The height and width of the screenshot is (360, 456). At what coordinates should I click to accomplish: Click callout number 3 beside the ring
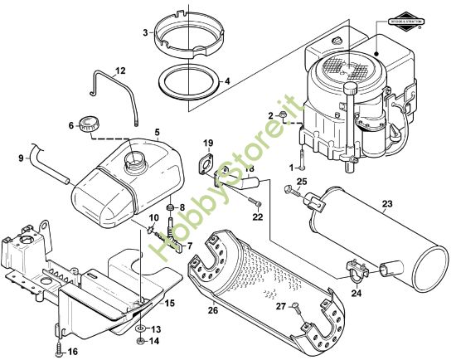click(146, 32)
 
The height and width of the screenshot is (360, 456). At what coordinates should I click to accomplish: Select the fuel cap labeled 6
click(87, 127)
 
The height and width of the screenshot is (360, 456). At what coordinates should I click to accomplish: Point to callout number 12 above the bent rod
click(119, 71)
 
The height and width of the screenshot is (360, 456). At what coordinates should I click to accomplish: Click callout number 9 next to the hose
click(21, 156)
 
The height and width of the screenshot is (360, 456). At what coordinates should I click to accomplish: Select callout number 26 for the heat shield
click(212, 311)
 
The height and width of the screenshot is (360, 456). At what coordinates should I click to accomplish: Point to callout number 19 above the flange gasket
click(208, 143)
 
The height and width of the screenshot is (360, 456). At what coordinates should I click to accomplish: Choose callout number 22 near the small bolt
click(257, 217)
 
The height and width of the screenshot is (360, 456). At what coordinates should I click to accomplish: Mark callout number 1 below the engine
click(291, 167)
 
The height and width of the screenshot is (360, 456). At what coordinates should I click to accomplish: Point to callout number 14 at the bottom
click(154, 341)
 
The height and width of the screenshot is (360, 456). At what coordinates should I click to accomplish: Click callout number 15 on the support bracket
click(169, 303)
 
